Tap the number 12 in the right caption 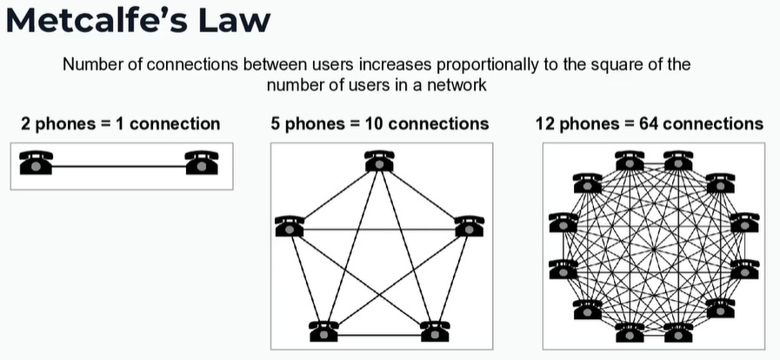click(x=547, y=123)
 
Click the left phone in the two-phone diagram click(x=36, y=163)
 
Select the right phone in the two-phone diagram click(x=201, y=163)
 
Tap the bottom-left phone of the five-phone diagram click(x=323, y=331)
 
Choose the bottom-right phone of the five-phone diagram click(x=435, y=331)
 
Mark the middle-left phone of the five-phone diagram click(x=290, y=227)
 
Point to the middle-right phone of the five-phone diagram click(x=469, y=227)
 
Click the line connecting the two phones click(x=118, y=164)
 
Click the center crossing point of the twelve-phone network click(x=653, y=246)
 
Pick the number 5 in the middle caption click(x=276, y=123)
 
